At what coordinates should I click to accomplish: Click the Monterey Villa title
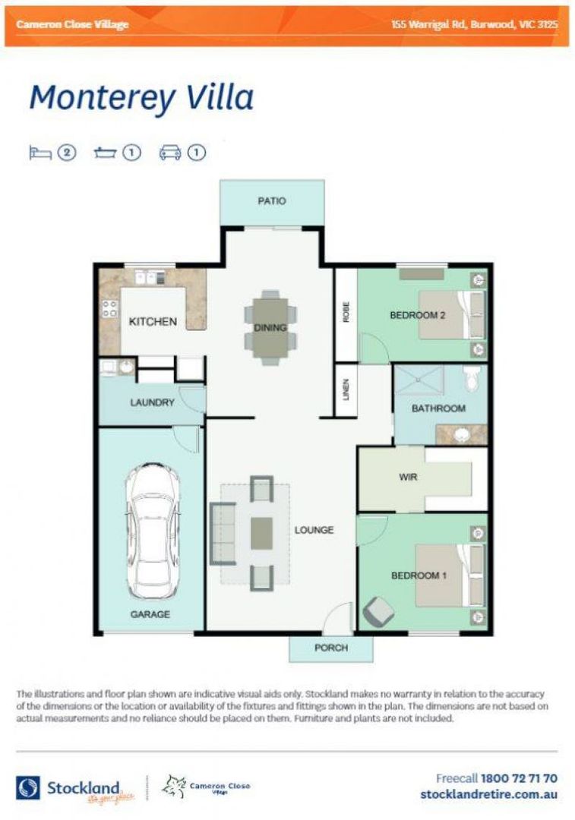point(141,98)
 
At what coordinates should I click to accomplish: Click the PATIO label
point(271,201)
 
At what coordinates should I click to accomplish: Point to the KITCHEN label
point(153,321)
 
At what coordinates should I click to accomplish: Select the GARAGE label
point(150,613)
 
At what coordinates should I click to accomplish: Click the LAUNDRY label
point(153,402)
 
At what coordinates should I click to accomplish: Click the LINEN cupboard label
point(346,389)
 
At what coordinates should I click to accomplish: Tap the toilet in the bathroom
point(472,377)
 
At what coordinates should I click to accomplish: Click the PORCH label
point(330,648)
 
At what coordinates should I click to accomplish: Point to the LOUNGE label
point(314,529)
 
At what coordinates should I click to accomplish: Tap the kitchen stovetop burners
point(109,309)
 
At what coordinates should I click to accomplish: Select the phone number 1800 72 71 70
point(519,778)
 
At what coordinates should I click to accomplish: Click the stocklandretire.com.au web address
point(488,794)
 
